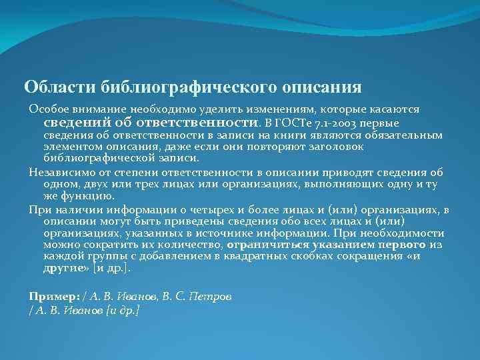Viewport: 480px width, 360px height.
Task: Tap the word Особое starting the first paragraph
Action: (x=46, y=109)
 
